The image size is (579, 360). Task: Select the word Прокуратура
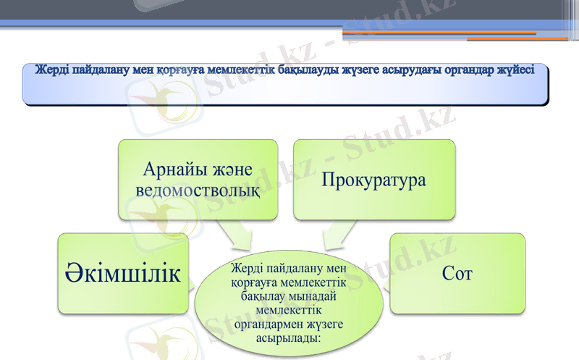[373, 179]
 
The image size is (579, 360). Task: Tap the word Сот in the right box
[457, 273]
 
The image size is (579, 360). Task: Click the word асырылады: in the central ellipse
[289, 337]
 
